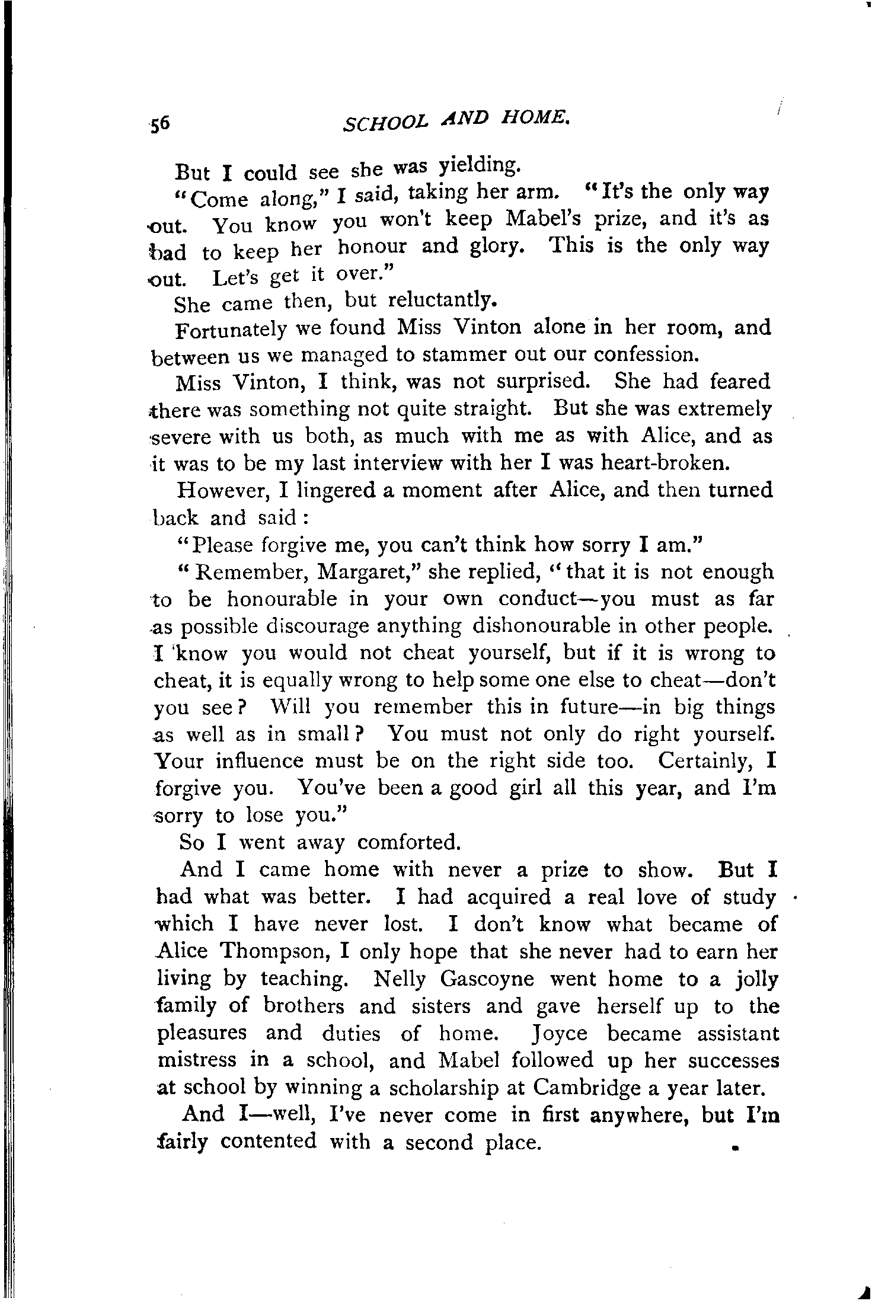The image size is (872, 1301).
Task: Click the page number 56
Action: (160, 123)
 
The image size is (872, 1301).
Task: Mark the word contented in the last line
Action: (269, 1142)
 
